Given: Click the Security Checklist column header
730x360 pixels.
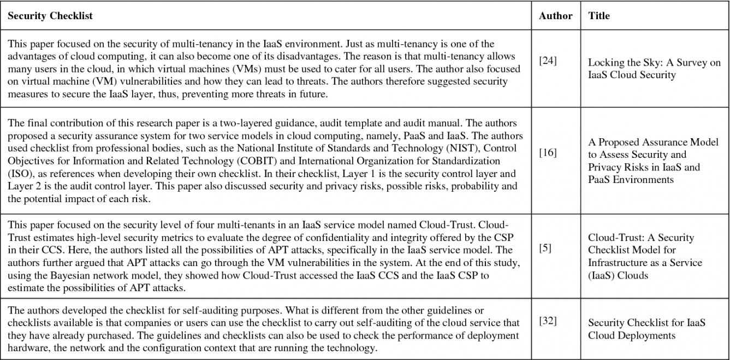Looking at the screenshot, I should tap(50, 16).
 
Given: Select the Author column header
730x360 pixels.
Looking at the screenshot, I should tap(555, 16).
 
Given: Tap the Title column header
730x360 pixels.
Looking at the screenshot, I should tap(599, 16).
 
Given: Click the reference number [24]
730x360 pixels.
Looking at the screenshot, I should tap(548, 61).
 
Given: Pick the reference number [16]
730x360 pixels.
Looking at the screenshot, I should tap(548, 152).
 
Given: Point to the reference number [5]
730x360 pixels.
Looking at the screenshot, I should tap(545, 249).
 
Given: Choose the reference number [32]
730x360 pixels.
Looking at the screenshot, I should tap(548, 321).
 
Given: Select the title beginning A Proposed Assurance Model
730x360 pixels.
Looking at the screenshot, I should tap(653, 161).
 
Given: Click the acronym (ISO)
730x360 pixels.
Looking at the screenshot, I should tap(19, 174).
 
